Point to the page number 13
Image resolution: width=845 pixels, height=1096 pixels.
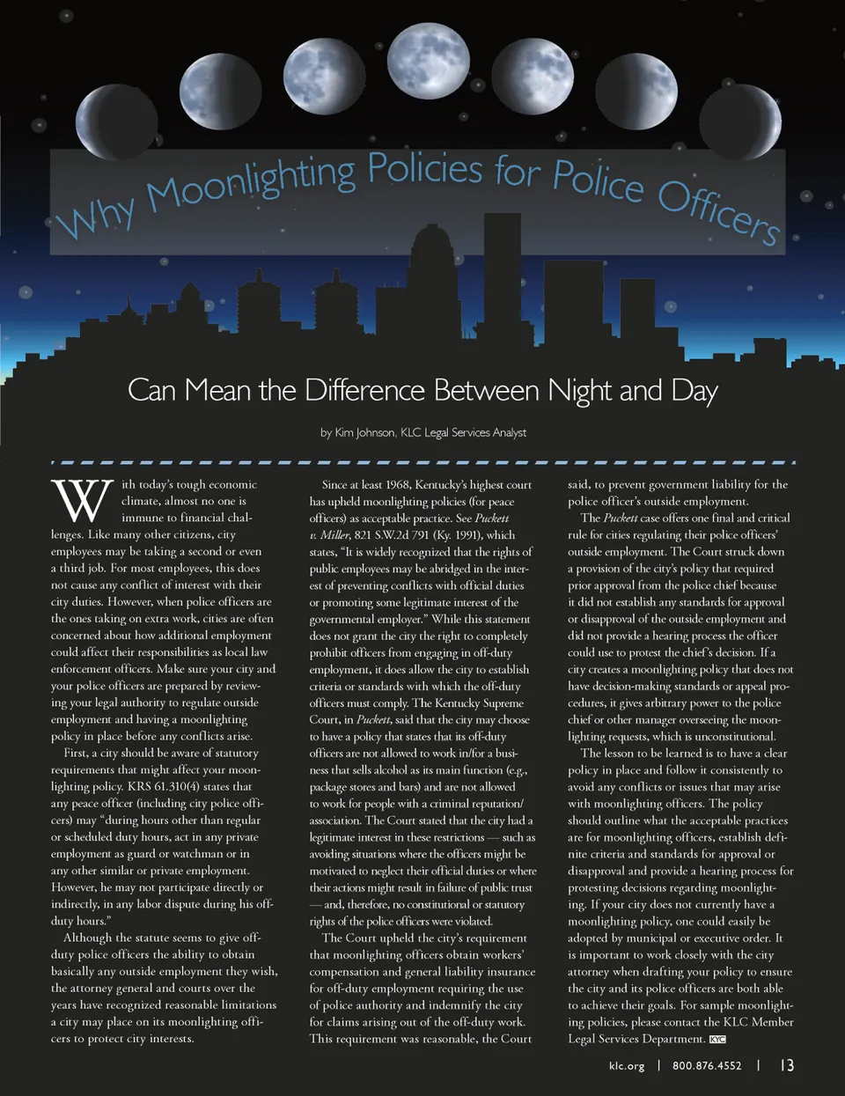(786, 1065)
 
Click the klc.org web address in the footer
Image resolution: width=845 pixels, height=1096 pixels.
(626, 1065)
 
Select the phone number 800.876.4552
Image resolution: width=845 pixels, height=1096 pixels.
(707, 1065)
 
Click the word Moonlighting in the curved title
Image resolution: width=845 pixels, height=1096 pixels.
(251, 179)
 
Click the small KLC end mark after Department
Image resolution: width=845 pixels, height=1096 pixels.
(717, 1040)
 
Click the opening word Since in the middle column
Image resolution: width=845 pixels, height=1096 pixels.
(334, 484)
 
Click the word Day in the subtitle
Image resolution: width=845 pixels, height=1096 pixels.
(695, 390)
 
